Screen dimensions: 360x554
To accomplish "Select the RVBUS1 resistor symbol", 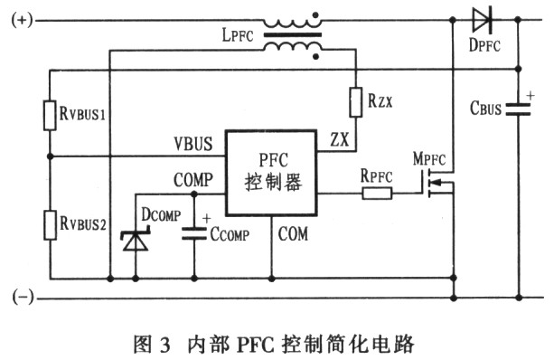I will [x=51, y=114].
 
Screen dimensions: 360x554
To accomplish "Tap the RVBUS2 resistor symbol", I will [x=51, y=222].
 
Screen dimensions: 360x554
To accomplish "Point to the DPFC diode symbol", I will [x=484, y=17].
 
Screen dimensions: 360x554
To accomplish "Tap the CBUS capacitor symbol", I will [x=519, y=109].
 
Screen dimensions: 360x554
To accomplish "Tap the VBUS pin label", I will [x=192, y=143].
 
